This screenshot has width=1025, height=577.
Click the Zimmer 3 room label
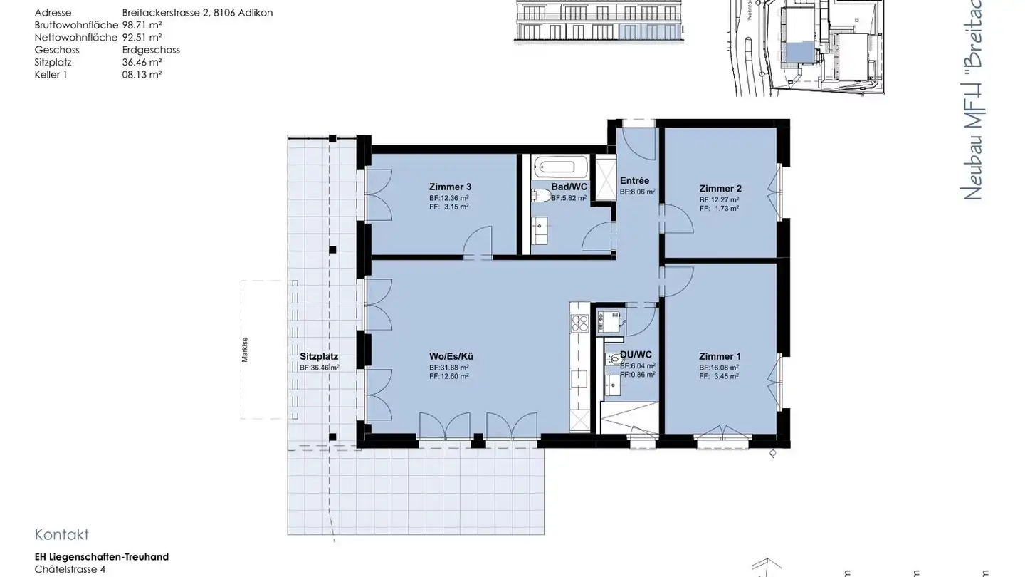coord(450,187)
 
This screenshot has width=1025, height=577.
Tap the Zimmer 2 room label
coord(720,189)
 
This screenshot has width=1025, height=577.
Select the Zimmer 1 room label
coord(720,356)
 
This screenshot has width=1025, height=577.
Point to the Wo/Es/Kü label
coord(451,356)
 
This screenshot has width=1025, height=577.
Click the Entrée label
coord(634,181)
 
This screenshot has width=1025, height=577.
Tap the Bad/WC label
coord(569,187)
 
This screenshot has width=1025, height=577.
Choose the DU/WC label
coord(636,355)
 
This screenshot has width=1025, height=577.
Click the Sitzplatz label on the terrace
coord(318,356)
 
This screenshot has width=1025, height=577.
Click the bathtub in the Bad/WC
coord(560,167)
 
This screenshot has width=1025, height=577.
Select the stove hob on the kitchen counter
coord(580,323)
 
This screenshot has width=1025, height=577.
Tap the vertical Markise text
coord(245,349)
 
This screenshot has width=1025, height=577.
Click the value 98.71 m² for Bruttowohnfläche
coord(142,25)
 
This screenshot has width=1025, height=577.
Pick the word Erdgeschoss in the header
coord(151,50)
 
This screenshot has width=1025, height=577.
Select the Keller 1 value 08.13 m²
coord(142,74)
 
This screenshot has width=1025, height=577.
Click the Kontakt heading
coord(61,535)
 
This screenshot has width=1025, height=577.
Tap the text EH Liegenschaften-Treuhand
coord(101,557)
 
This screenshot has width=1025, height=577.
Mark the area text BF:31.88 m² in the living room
coord(448,368)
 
